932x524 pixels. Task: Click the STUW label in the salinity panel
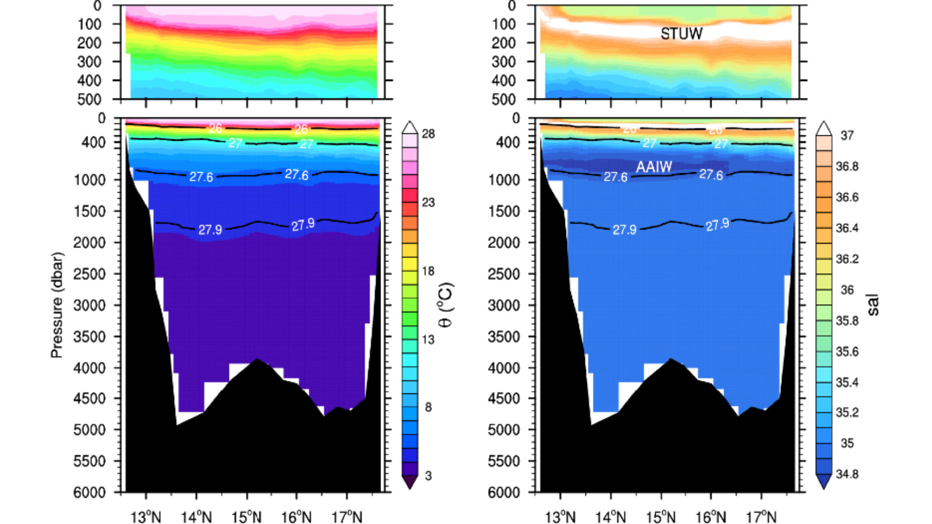pyautogui.click(x=682, y=33)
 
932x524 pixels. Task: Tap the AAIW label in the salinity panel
pyautogui.click(x=654, y=166)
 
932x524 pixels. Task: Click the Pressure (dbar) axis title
pyautogui.click(x=57, y=305)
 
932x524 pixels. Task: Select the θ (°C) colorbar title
pyautogui.click(x=446, y=305)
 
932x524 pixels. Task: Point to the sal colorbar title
pyautogui.click(x=873, y=305)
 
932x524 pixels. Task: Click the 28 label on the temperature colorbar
pyautogui.click(x=428, y=134)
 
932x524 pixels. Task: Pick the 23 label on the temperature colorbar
pyautogui.click(x=428, y=202)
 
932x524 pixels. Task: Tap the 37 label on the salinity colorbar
pyautogui.click(x=847, y=136)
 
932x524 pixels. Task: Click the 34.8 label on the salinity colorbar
pyautogui.click(x=847, y=474)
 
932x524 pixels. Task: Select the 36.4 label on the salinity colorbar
pyautogui.click(x=847, y=228)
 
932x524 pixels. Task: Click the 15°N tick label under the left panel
pyautogui.click(x=246, y=517)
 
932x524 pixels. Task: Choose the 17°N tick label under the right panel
pyautogui.click(x=761, y=517)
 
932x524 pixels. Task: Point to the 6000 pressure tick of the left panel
pyautogui.click(x=89, y=492)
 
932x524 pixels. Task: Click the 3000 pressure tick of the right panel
pyautogui.click(x=504, y=305)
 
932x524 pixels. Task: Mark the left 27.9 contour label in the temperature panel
pyautogui.click(x=210, y=229)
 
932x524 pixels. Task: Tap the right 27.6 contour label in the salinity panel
pyautogui.click(x=711, y=175)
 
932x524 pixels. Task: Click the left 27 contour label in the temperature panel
pyautogui.click(x=235, y=143)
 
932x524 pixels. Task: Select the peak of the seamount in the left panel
pyautogui.click(x=257, y=360)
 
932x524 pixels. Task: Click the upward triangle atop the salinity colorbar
pyautogui.click(x=824, y=128)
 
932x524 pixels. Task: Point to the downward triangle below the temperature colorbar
pyautogui.click(x=410, y=482)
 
